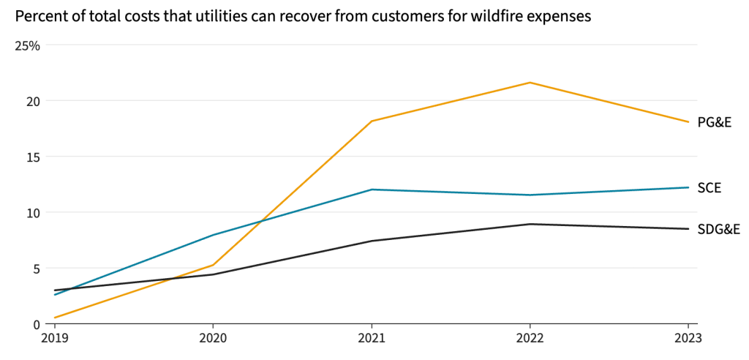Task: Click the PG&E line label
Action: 714,123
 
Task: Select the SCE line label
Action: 709,188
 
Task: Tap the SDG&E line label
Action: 718,230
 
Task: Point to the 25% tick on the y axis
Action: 28,45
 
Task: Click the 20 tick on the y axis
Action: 33,101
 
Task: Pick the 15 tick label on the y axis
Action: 33,157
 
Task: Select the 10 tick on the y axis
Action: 33,212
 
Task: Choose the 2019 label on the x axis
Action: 55,339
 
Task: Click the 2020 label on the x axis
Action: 213,339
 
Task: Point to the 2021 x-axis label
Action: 372,339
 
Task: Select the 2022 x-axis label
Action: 530,339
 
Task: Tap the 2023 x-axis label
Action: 688,339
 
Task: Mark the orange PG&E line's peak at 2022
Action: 530,83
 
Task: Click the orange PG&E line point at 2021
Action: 372,121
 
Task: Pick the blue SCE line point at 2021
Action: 372,190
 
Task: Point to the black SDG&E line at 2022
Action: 530,224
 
